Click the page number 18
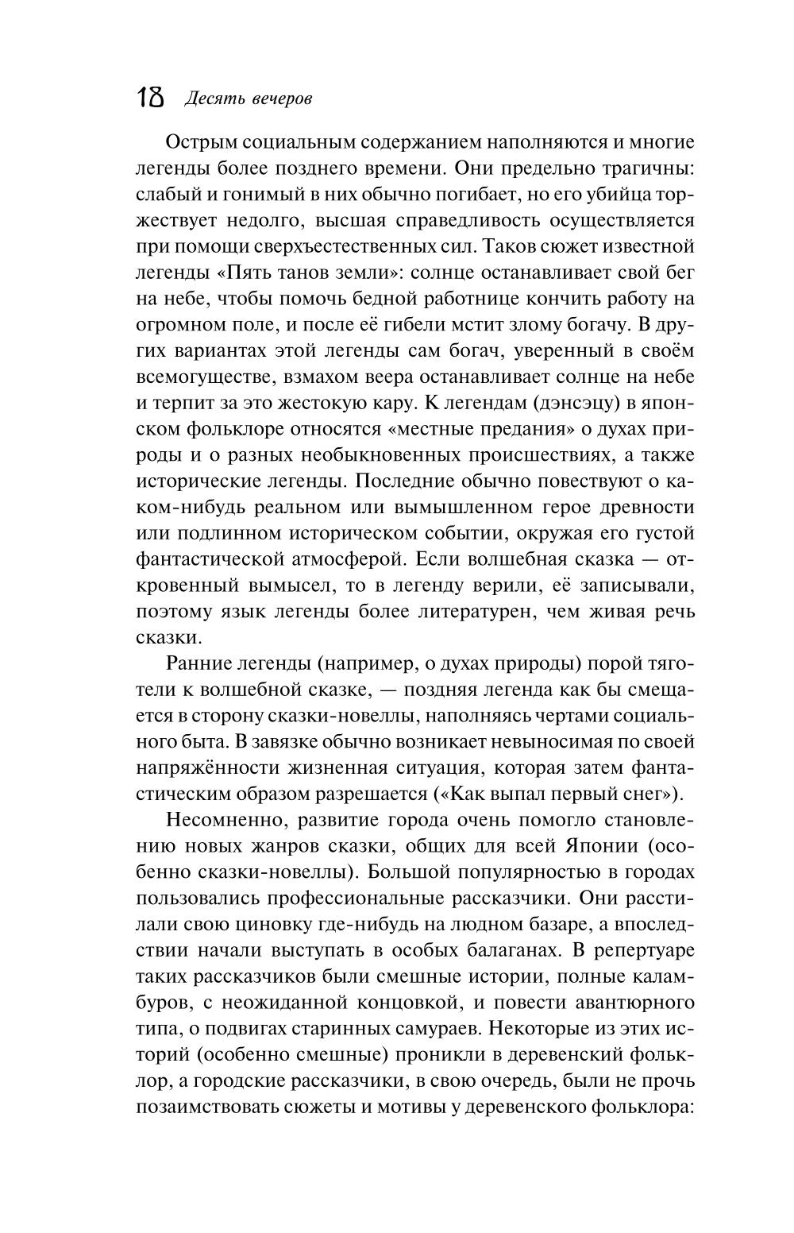click(x=151, y=98)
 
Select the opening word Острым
click(x=202, y=143)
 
